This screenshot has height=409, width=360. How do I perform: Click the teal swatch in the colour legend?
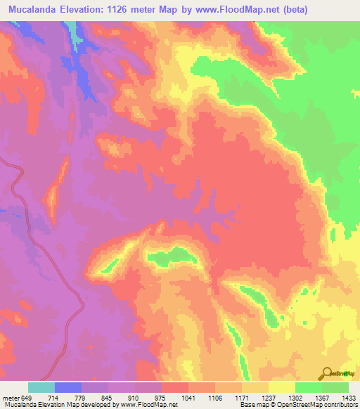click(41, 387)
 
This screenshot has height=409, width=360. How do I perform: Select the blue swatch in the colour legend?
click(68, 387)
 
